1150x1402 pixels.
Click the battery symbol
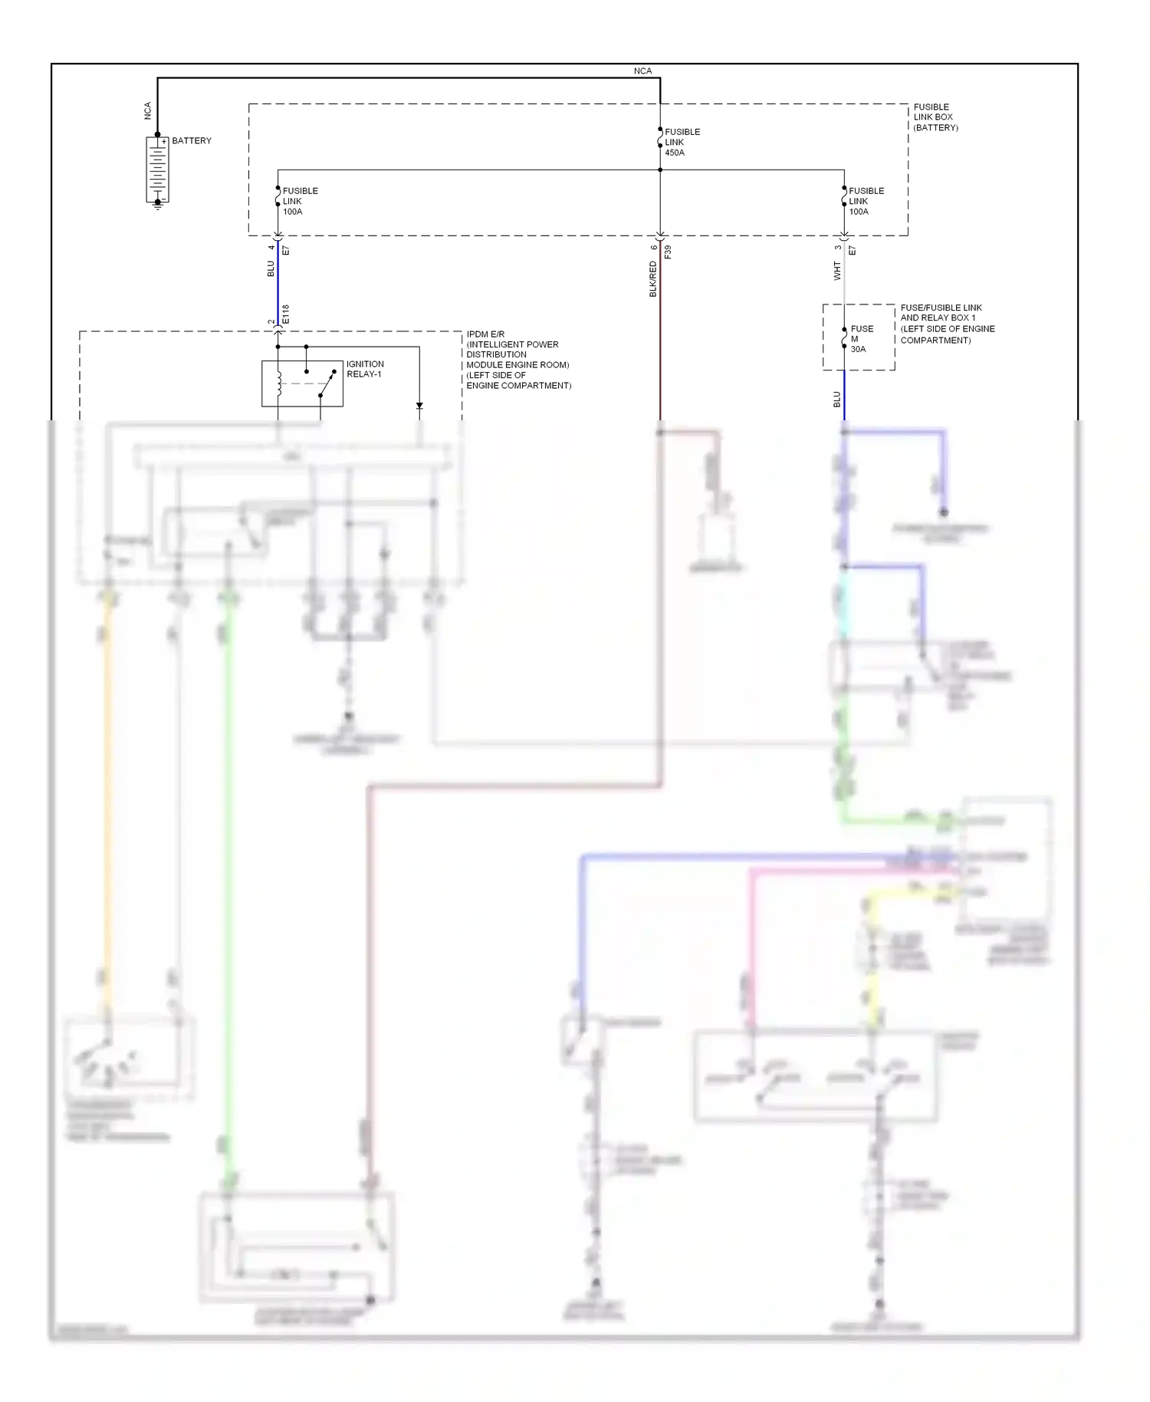coord(157,170)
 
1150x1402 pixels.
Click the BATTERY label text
coord(192,141)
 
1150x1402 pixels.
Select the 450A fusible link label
coord(682,143)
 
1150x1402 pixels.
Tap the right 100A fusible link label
coord(866,202)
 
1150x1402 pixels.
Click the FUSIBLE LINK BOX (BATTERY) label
coord(935,117)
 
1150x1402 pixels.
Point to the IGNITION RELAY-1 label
coord(365,370)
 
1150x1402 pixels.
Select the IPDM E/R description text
coord(517,360)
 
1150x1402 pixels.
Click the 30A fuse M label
coord(861,339)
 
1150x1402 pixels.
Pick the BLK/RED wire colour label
coord(653,279)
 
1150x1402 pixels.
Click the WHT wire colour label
coord(837,271)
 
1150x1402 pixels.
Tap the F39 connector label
coord(668,252)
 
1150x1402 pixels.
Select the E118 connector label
coord(286,314)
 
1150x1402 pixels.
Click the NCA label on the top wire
coord(642,71)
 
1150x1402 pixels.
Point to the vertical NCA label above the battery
coord(148,111)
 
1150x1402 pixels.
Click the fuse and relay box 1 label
coord(947,324)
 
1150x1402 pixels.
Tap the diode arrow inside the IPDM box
coord(419,406)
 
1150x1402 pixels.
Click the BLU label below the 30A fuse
coord(837,400)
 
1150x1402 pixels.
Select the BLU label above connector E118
coord(271,269)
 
